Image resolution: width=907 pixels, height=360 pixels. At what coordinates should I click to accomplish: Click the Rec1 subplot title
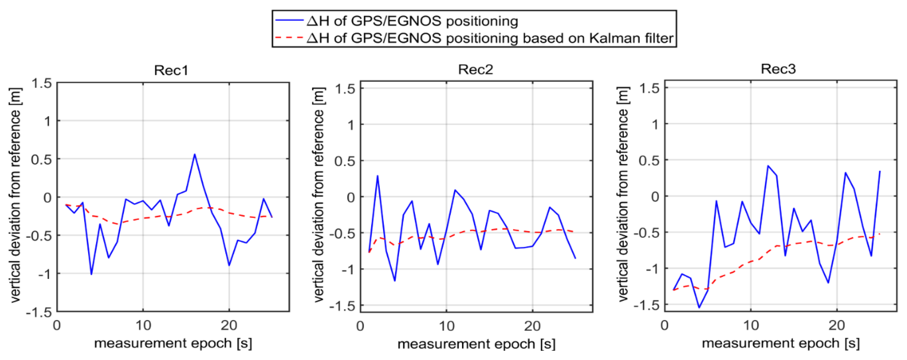pos(171,70)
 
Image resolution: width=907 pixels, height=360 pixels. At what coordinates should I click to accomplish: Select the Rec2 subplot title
pos(475,69)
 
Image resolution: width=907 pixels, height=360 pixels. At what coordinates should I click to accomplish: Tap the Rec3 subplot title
pos(778,69)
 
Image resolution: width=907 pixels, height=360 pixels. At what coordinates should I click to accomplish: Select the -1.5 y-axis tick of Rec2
pos(342,306)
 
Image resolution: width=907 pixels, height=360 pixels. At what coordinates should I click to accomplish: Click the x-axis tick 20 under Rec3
pos(837,325)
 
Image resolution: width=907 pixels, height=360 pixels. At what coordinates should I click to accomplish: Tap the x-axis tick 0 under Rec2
pos(360,326)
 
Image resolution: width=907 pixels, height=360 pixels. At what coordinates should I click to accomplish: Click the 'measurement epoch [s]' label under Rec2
pos(476,344)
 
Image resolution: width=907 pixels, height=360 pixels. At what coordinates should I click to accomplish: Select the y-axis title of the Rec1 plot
pos(15,195)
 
